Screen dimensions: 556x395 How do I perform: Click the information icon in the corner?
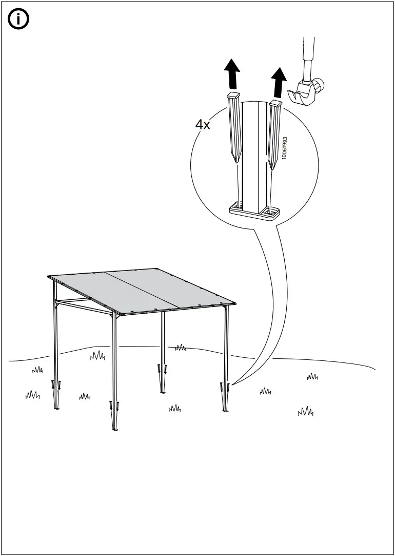pyautogui.click(x=19, y=20)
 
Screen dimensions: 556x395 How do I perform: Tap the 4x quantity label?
pyautogui.click(x=203, y=124)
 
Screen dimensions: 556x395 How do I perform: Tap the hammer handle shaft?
pyautogui.click(x=308, y=56)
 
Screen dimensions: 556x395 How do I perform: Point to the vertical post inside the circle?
pyautogui.click(x=253, y=154)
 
